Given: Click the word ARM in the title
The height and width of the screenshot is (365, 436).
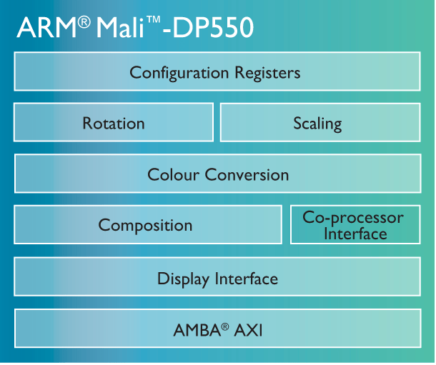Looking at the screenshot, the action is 46,27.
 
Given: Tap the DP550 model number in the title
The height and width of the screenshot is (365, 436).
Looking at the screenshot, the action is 213,27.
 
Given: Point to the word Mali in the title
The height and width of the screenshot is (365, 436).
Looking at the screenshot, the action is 120,27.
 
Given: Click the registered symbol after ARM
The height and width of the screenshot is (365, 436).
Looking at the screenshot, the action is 84,22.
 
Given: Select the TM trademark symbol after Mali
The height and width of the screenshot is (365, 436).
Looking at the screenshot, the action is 153,20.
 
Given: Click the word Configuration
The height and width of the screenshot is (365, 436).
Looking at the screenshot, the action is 179,73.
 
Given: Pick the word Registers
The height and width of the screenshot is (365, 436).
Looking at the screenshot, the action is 267,73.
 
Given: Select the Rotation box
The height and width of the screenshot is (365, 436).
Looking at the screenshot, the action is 114,122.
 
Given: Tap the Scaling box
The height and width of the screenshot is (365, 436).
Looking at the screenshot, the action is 320,123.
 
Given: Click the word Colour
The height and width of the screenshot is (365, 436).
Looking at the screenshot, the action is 174,175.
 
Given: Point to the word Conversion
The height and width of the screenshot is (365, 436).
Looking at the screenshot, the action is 247,175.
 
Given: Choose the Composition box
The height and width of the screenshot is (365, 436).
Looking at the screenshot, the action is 148,225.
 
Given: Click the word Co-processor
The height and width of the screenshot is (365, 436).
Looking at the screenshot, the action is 353,217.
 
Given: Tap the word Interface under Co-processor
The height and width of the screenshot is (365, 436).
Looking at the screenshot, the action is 355,234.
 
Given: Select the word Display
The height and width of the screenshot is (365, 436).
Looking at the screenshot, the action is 184,279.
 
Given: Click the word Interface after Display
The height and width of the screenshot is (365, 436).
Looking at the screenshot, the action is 247,279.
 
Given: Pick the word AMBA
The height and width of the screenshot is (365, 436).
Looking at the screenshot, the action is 197,330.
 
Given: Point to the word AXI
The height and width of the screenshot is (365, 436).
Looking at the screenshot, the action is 248,330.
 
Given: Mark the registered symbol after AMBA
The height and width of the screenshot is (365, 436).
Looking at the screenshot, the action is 225,326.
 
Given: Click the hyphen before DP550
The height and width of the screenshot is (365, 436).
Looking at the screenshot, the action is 167,30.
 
